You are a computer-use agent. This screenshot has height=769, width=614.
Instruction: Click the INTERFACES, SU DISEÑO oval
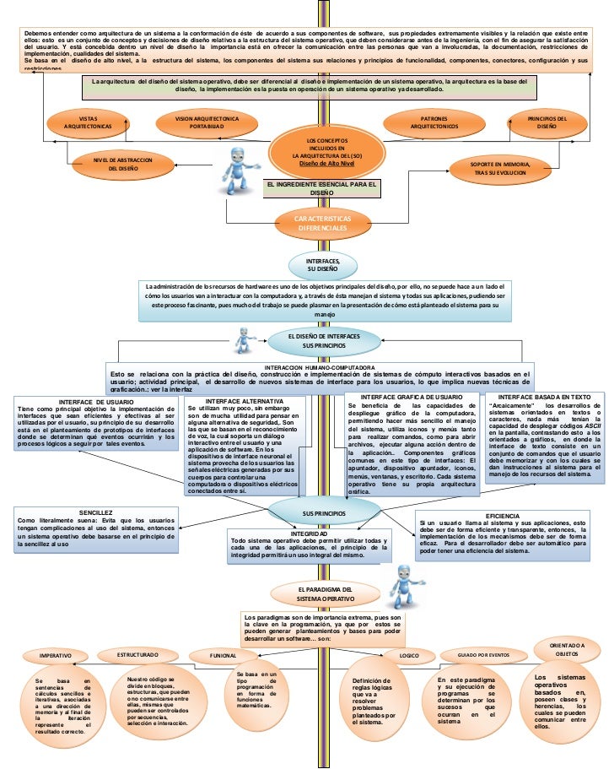[323, 266]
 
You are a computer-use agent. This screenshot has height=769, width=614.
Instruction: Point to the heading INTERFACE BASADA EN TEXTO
[544, 396]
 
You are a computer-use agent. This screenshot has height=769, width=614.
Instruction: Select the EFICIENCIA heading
[503, 515]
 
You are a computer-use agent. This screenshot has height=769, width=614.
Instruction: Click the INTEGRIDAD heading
[309, 534]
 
